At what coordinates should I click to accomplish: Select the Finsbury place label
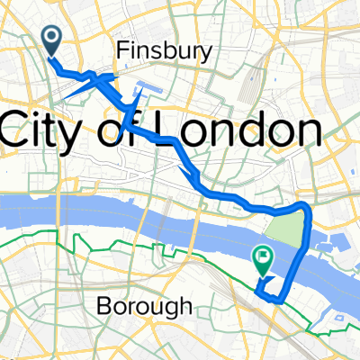coord(165,53)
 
